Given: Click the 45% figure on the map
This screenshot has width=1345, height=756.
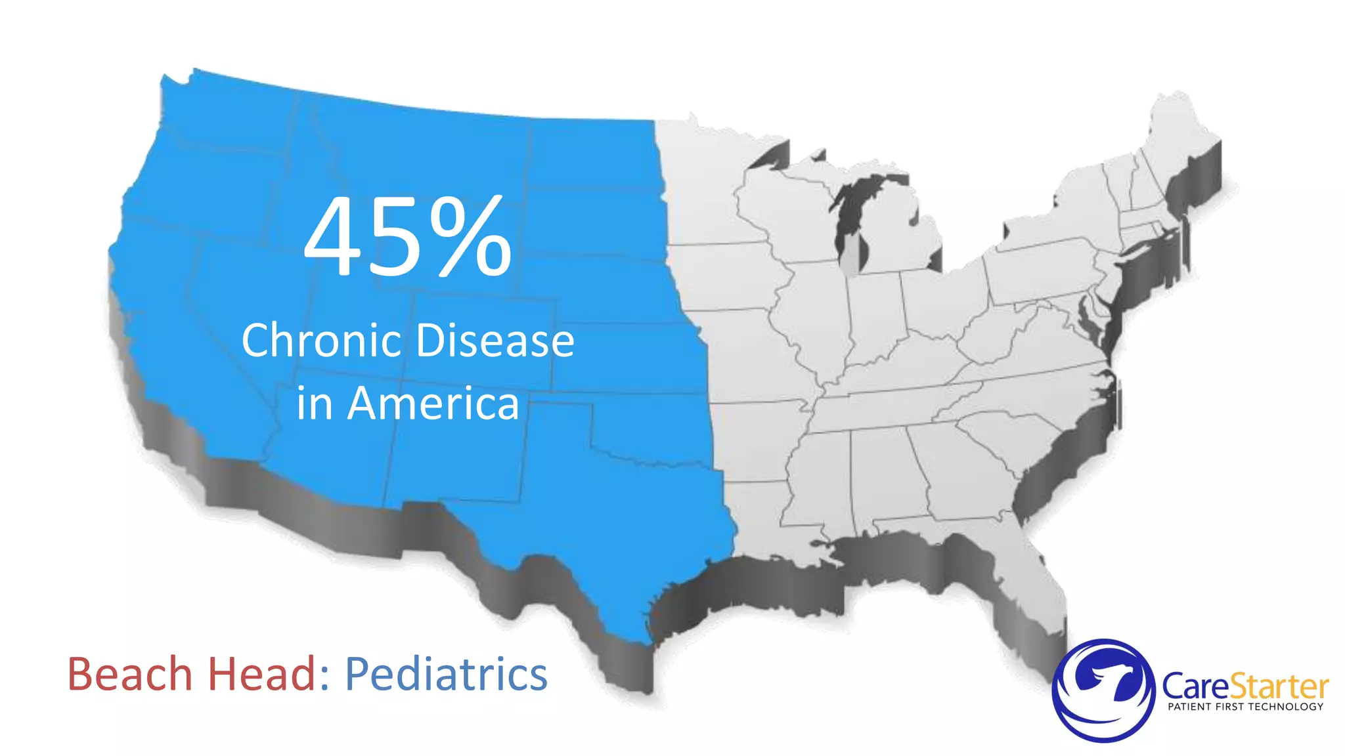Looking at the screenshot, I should (x=407, y=238).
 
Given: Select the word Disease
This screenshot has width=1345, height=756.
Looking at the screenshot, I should (x=495, y=341).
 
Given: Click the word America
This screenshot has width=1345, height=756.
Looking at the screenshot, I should (x=433, y=404).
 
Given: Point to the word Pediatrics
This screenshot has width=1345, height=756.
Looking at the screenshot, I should (x=446, y=675).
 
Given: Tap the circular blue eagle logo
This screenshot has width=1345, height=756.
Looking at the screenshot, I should (x=1103, y=690).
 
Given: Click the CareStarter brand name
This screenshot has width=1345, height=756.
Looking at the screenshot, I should (x=1245, y=686).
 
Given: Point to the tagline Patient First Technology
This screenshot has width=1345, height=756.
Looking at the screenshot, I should (x=1245, y=707).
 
